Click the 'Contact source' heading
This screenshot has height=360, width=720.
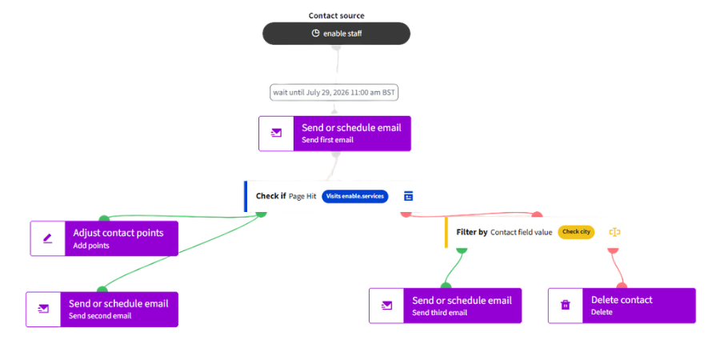[336, 16]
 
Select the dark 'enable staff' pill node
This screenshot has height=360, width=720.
[336, 34]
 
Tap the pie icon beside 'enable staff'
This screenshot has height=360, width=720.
[315, 33]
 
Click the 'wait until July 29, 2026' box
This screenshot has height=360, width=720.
[334, 92]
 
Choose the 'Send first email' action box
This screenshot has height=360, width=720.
[334, 133]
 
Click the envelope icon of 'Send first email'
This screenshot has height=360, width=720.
[276, 133]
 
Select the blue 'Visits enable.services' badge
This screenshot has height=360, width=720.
[355, 196]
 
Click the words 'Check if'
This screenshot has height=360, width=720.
[271, 196]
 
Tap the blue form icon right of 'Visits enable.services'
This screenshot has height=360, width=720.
[408, 196]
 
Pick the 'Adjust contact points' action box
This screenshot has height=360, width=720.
[104, 238]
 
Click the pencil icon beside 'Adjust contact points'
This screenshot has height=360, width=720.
[48, 238]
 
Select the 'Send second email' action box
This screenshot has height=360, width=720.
[102, 309]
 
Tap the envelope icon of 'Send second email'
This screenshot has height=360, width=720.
[43, 309]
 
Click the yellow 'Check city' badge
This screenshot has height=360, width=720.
[576, 232]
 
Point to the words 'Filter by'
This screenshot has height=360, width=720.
[472, 232]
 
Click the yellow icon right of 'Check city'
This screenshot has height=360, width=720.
[615, 232]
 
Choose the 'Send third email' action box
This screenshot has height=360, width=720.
[446, 306]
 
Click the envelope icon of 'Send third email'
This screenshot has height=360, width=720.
[386, 306]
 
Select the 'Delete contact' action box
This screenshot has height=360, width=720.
[622, 306]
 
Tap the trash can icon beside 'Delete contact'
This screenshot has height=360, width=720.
[566, 306]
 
